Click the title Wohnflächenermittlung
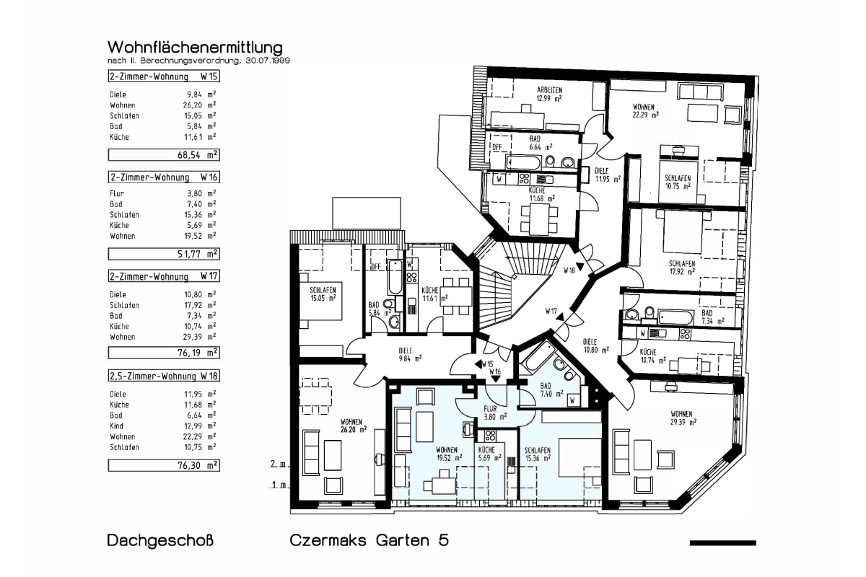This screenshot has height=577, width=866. tap(195, 48)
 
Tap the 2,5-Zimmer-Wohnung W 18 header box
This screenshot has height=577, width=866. tap(164, 376)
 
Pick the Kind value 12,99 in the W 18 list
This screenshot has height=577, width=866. tap(193, 426)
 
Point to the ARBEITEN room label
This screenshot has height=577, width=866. tap(549, 90)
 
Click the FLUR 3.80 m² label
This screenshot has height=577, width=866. tap(495, 413)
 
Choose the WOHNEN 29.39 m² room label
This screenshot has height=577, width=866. tap(683, 418)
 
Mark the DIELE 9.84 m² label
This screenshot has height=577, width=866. tap(410, 354)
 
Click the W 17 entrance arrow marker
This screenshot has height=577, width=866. tap(560, 317)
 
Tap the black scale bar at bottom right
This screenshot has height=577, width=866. tap(722, 543)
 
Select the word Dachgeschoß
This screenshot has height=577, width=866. tap(160, 541)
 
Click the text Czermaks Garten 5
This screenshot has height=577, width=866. tap(369, 540)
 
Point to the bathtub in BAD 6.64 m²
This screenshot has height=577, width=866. tap(523, 162)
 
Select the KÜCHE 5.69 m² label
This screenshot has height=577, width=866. tap(489, 454)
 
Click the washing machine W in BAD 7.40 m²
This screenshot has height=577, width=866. tap(573, 400)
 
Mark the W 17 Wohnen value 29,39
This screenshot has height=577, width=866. tap(193, 337)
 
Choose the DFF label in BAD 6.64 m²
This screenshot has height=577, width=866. tap(497, 147)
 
